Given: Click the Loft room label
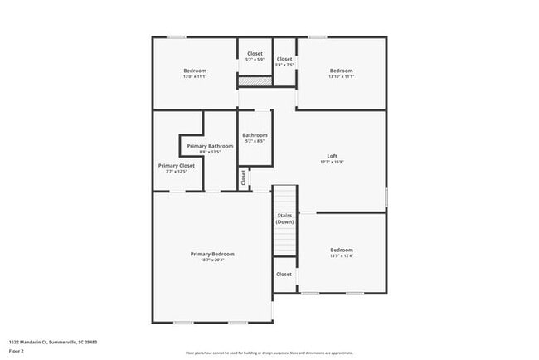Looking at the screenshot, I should tap(332, 157).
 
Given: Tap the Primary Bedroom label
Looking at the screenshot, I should tap(212, 254).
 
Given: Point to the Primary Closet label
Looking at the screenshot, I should tap(176, 166).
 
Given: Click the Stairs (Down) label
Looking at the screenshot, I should tap(284, 219).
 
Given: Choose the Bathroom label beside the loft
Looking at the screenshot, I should tap(255, 135).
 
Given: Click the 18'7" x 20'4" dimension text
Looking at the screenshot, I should tap(212, 260).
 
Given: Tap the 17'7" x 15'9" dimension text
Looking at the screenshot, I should tap(332, 163).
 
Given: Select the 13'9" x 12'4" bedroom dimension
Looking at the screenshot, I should tap(342, 255).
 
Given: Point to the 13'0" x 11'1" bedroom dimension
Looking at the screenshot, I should tap(195, 76).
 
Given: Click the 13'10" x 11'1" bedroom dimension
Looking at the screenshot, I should tap(342, 76).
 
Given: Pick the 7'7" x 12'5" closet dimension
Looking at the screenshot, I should tap(176, 172).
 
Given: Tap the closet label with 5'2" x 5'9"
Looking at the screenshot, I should tap(255, 54).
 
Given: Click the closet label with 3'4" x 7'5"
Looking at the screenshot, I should tap(284, 59).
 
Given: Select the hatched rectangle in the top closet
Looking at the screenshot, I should tap(255, 82).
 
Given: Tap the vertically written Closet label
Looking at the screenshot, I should tap(243, 178).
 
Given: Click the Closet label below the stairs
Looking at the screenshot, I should tap(284, 274).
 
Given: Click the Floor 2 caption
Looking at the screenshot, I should tap(17, 351).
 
